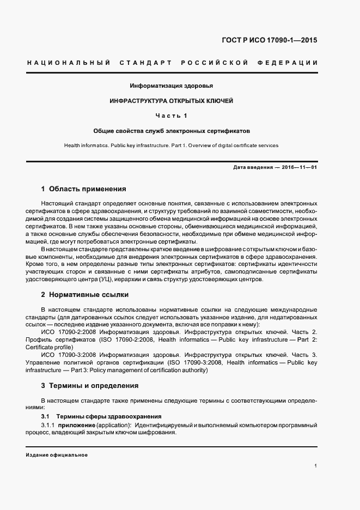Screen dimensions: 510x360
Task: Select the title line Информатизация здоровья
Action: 171,86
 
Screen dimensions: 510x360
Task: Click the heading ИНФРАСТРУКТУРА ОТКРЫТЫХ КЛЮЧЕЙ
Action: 171,101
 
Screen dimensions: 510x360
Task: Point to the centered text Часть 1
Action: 171,116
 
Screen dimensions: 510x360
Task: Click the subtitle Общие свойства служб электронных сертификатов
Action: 171,131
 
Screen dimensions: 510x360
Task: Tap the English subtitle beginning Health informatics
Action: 171,145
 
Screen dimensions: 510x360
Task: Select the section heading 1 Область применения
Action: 83,189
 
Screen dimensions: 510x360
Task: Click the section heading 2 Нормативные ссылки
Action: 85,294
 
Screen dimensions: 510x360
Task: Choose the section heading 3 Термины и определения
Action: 90,385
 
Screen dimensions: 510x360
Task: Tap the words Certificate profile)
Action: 48,347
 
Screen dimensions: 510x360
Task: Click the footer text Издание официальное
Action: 57,455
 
